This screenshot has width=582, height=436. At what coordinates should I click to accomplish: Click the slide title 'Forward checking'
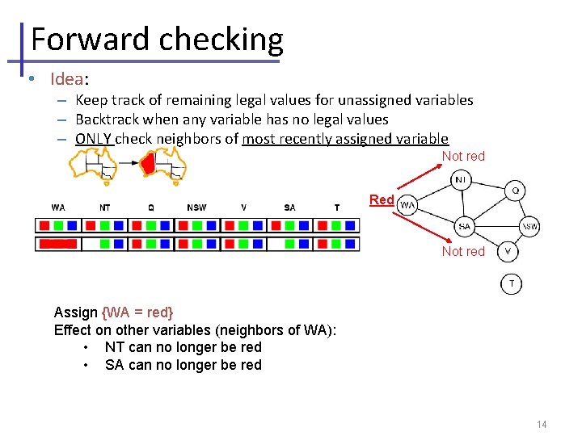[x=157, y=39]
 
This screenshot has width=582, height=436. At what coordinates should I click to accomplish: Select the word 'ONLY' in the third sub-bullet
[x=94, y=138]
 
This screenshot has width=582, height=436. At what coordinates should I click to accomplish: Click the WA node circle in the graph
[x=408, y=205]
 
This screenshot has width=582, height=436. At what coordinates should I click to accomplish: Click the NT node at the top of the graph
[x=459, y=178]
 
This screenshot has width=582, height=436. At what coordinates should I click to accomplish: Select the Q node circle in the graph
[x=516, y=191]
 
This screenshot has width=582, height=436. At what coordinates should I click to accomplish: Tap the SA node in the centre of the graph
[x=464, y=227]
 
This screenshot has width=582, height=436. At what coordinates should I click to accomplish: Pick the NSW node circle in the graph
[x=529, y=227]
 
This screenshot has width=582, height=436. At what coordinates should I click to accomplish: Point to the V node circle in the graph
[x=508, y=251]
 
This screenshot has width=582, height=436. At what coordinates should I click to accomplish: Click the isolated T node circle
[x=511, y=283]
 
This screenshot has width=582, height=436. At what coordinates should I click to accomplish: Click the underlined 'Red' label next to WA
[x=382, y=199]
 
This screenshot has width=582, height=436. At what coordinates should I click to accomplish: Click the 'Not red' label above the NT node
[x=463, y=156]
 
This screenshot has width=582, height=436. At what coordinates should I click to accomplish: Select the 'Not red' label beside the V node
[x=463, y=251]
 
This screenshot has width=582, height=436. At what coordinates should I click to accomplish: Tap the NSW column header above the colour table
[x=196, y=208]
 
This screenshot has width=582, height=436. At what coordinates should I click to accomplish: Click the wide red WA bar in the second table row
[x=58, y=243]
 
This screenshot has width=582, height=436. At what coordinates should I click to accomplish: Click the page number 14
[x=541, y=424]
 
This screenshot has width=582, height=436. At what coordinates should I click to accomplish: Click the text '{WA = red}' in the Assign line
[x=137, y=312]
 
